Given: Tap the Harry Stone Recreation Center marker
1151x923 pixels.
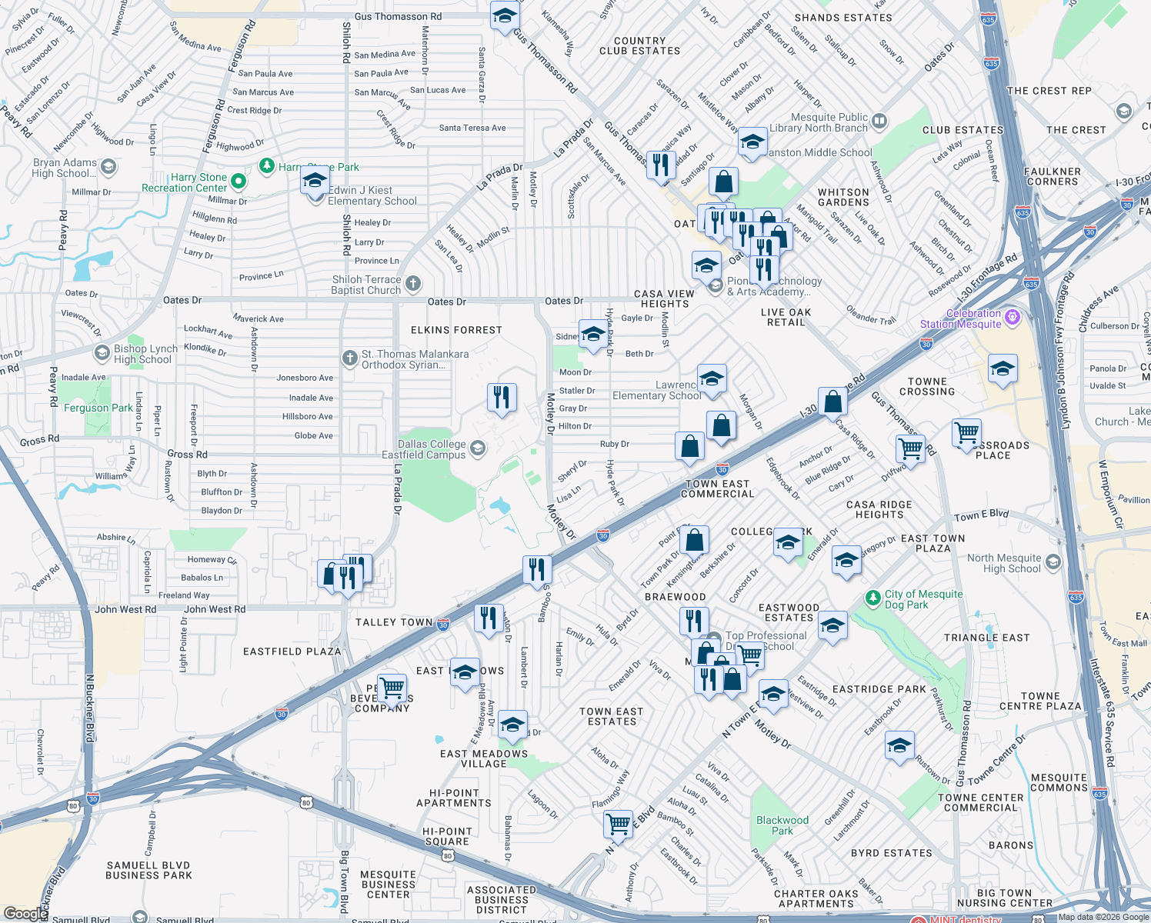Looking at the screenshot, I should pos(239,182).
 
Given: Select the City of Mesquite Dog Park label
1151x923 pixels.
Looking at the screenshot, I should pos(923,599).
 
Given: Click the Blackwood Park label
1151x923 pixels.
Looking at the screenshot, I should pos(782,825).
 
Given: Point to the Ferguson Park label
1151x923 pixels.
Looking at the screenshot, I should pos(98,408).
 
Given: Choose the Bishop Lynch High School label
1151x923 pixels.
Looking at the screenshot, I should pos(145,354).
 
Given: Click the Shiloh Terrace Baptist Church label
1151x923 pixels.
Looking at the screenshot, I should pos(366,285).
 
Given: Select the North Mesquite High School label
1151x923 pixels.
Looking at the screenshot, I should pos(1004,563).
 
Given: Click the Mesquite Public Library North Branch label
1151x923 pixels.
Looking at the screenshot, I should pos(819,122).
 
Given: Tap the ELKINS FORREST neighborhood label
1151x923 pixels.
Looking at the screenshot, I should pos(456,330).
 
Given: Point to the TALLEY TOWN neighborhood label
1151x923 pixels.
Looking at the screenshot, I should pos(394,622).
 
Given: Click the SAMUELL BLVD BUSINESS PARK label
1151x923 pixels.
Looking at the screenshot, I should pos(148,870).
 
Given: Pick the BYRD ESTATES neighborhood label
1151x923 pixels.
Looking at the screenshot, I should pos(891,853).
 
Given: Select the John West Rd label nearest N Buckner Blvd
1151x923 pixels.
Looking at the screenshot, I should pos(125,609).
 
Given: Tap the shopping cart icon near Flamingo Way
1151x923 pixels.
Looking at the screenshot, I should pos(618,824).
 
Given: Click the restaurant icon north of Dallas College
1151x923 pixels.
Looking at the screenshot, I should pos(502,398).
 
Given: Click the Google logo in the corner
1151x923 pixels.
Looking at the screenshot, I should pos(25,913).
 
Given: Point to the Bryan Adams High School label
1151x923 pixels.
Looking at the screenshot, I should pos(65,168).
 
